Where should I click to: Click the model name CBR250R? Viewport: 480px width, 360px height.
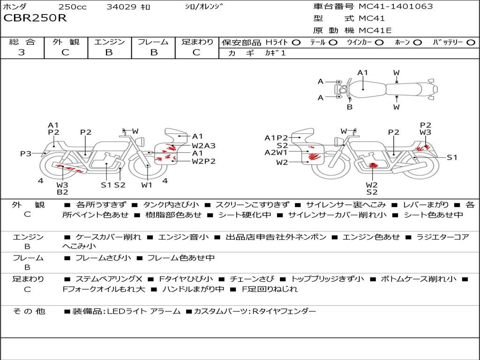click(35, 18)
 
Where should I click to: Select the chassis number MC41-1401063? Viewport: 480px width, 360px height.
click(396, 6)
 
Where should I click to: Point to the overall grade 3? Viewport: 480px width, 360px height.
click(22, 52)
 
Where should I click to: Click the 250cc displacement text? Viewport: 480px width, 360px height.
click(73, 7)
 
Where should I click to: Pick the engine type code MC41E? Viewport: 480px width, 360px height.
click(375, 30)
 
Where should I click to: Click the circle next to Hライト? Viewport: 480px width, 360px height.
click(296, 43)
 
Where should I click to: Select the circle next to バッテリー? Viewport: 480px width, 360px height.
click(471, 43)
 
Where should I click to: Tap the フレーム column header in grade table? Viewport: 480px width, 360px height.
click(153, 42)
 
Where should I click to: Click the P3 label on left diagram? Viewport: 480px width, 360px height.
click(26, 153)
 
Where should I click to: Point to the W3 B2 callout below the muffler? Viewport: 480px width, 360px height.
click(62, 188)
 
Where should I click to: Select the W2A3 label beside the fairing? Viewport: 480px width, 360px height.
click(203, 146)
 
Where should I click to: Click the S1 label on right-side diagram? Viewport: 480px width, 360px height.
click(452, 157)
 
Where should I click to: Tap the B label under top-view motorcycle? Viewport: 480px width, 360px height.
click(350, 107)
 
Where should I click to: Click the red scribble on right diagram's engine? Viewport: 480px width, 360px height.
click(373, 165)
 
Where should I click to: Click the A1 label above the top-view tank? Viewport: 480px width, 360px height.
click(362, 73)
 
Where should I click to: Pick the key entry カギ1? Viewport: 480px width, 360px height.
click(275, 53)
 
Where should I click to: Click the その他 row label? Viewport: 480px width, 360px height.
click(29, 311)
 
